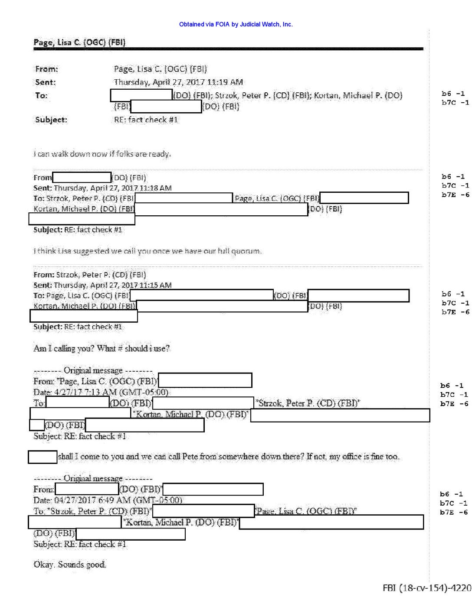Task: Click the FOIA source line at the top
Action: click(x=236, y=24)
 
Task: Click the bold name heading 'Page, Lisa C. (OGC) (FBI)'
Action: click(x=79, y=42)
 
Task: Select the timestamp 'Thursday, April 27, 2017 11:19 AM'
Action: click(x=178, y=82)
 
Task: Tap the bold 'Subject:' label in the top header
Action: click(x=51, y=120)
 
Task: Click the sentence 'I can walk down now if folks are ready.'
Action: click(x=102, y=154)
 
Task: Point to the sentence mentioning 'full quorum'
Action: click(x=147, y=251)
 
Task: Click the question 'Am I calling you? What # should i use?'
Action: click(x=102, y=348)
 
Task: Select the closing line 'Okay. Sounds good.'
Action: click(x=70, y=564)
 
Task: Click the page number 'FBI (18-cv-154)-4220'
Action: click(x=427, y=588)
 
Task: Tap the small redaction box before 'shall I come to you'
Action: click(x=43, y=457)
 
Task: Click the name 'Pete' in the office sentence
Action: click(x=190, y=456)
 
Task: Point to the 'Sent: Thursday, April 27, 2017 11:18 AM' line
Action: click(x=102, y=188)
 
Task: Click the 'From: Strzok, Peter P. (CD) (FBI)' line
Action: click(x=90, y=275)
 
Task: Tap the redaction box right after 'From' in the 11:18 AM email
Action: click(x=82, y=177)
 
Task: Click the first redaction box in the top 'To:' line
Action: click(x=141, y=95)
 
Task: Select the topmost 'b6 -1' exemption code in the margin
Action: click(x=453, y=94)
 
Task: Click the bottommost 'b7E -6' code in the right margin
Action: click(x=454, y=512)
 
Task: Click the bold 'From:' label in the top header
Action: click(x=46, y=69)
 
